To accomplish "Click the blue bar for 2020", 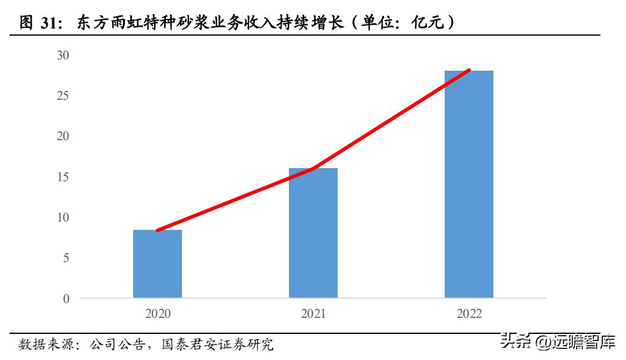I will coord(158,264).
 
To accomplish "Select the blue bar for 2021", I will coord(313,233).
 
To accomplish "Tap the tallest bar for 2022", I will coord(469,184).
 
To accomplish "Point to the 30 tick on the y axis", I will coord(63,55).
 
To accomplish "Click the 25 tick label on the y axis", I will coord(63,96).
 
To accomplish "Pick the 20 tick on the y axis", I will coord(63,136).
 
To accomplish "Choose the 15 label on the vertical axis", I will coord(63,177).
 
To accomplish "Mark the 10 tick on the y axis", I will coord(63,217).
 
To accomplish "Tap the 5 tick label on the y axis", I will coord(66,258).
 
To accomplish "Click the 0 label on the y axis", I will coord(66,298).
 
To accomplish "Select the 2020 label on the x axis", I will coord(158,314).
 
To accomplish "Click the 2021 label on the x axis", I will coord(313,314).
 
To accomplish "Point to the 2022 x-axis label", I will coord(469,314).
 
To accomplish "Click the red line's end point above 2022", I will coord(468,70).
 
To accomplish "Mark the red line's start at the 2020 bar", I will coord(158,230).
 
